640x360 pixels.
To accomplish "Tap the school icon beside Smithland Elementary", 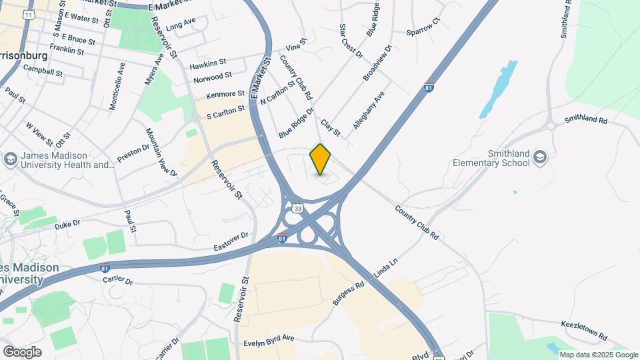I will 539,158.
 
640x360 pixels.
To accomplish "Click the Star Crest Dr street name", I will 350,41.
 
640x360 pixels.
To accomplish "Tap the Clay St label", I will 331,127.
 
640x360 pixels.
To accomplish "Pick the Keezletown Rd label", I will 583,327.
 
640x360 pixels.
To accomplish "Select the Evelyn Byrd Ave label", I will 269,338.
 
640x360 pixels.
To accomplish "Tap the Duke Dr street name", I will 67,225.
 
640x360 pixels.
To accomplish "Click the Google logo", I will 22,351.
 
